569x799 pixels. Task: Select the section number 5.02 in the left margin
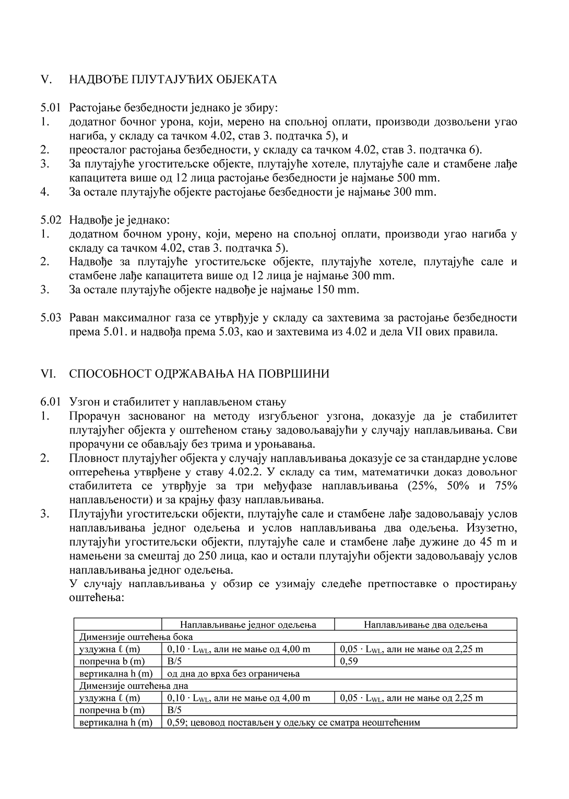[x=51, y=220]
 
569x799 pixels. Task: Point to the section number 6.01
[x=51, y=402]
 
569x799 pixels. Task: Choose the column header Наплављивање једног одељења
[x=248, y=625]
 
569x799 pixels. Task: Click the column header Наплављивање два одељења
[x=425, y=625]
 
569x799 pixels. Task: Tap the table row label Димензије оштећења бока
[x=136, y=637]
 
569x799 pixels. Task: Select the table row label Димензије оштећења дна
[x=134, y=686]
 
